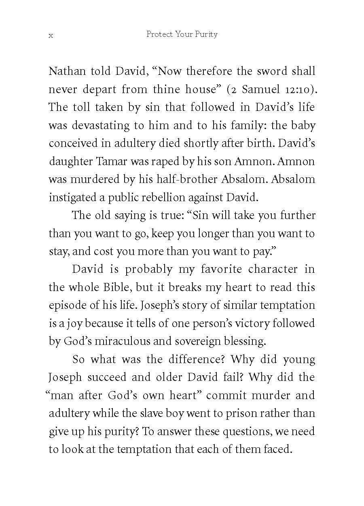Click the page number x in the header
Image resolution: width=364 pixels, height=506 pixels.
(51, 36)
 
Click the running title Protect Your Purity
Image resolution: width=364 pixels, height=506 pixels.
(182, 34)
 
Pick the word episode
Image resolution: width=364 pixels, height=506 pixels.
(66, 306)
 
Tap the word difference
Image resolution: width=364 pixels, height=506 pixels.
(194, 359)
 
